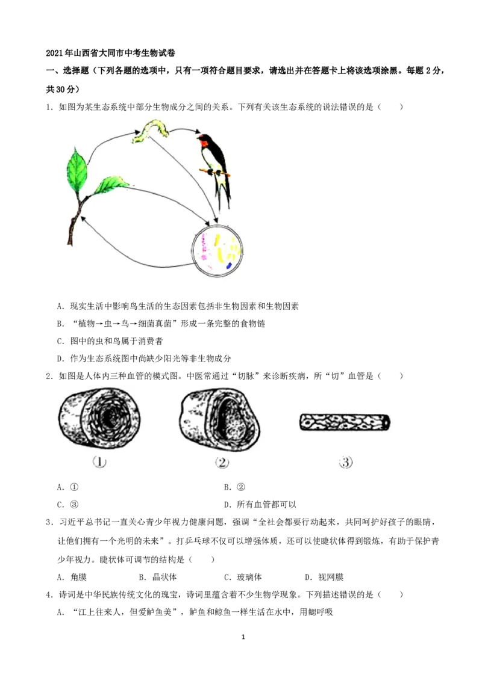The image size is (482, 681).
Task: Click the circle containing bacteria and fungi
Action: tap(217, 251)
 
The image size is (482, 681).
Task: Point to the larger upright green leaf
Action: tap(78, 170)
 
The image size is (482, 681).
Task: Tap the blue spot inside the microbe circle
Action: tap(229, 265)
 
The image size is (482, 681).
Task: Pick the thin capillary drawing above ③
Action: tap(345, 422)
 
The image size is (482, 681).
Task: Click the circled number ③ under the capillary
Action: tap(345, 462)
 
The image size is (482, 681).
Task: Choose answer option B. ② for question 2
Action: tap(234, 487)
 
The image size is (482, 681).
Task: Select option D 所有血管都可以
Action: tap(260, 505)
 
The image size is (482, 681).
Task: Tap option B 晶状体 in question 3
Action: tap(158, 577)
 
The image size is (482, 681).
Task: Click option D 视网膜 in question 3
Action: tap(324, 577)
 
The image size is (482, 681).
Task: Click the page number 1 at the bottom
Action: tap(243, 637)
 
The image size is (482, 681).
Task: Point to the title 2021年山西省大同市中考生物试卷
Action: tap(110, 53)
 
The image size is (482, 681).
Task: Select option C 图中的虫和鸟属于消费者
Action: tap(110, 341)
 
